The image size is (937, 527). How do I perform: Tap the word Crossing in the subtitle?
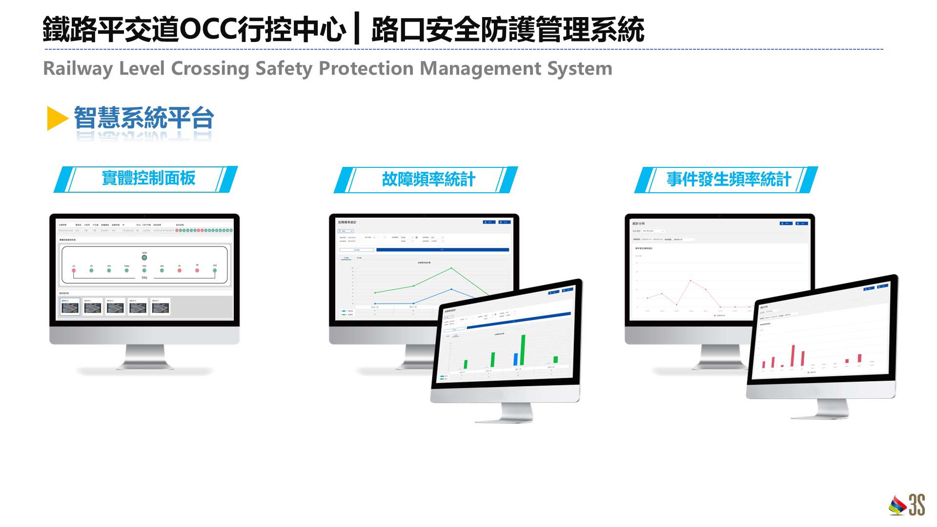(x=210, y=69)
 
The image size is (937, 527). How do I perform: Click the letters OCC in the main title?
(x=208, y=29)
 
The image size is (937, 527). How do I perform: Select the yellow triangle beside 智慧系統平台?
(x=57, y=119)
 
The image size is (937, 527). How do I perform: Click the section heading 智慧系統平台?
(x=144, y=118)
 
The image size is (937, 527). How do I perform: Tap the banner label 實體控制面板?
(x=148, y=178)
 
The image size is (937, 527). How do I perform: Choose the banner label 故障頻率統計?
(x=428, y=180)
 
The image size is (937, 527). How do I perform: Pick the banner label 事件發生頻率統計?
(x=728, y=180)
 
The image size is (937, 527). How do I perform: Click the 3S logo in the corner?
(x=907, y=505)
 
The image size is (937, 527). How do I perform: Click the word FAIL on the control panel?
(x=144, y=278)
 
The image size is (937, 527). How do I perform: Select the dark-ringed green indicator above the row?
(x=144, y=258)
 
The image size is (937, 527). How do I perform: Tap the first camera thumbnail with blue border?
(x=70, y=307)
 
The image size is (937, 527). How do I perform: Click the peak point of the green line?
(x=451, y=268)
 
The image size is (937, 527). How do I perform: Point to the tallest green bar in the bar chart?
(x=523, y=349)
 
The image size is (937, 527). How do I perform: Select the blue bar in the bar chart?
(x=515, y=359)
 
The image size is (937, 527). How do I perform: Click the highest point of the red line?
(x=691, y=281)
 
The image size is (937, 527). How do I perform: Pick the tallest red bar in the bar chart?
(x=793, y=355)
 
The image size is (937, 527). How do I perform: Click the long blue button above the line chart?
(x=442, y=250)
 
